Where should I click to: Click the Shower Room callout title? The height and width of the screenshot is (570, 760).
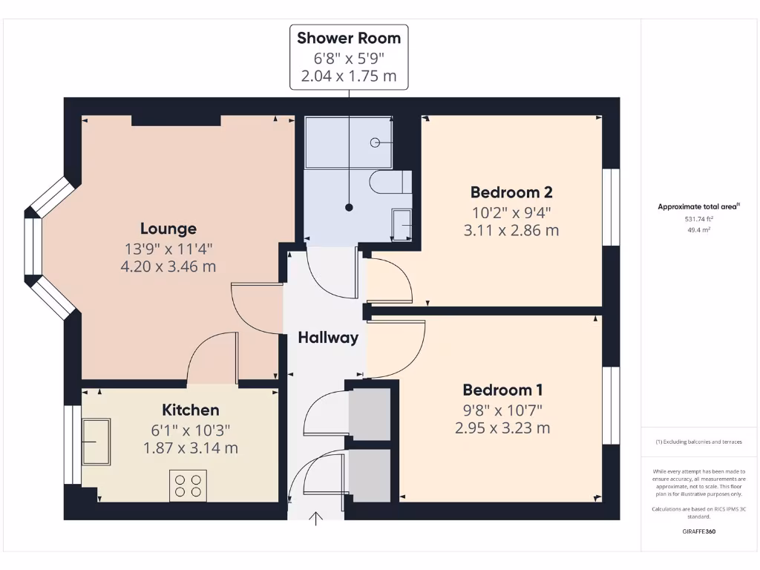click(x=349, y=38)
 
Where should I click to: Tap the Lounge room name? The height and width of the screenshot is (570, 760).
click(x=168, y=229)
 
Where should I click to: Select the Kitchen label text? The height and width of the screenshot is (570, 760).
click(x=191, y=410)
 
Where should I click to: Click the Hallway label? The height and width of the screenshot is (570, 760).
click(x=328, y=338)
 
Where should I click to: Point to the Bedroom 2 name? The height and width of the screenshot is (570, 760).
click(x=511, y=191)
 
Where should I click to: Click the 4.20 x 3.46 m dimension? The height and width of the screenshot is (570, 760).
click(x=168, y=266)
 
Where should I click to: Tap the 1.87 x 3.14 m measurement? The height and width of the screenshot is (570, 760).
click(x=191, y=448)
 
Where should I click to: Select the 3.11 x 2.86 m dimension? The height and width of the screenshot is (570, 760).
click(x=511, y=230)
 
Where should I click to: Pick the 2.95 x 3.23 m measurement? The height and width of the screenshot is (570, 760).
click(x=502, y=428)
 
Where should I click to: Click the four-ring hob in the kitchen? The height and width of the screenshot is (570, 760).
click(x=188, y=485)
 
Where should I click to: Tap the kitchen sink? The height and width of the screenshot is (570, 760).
click(x=96, y=442)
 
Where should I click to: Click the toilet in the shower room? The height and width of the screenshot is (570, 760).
click(x=390, y=182)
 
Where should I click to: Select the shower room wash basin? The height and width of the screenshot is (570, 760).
click(x=401, y=224)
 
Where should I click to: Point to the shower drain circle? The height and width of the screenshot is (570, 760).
click(x=376, y=142)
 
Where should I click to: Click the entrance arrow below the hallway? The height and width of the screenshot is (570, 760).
click(x=317, y=518)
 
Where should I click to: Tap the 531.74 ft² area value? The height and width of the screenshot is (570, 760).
click(x=698, y=219)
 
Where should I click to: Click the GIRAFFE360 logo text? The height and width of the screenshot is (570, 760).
click(x=698, y=531)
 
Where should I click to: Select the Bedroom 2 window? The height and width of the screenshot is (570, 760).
click(x=610, y=207)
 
